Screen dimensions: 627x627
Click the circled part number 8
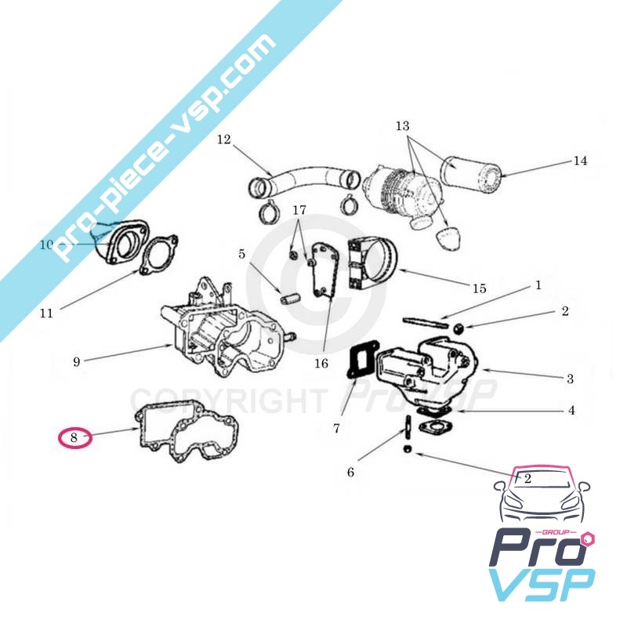click(74, 437)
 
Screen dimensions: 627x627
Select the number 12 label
click(224, 140)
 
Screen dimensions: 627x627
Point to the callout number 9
click(76, 362)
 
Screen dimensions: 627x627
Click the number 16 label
click(321, 364)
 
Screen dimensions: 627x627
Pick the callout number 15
click(479, 288)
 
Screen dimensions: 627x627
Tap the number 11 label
click(46, 313)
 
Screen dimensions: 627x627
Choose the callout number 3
click(571, 379)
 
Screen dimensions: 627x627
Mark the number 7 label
click(336, 429)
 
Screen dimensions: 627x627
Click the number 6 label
click(350, 473)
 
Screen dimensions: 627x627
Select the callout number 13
click(403, 126)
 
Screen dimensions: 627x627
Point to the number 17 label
click(299, 210)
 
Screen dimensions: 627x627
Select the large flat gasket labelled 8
click(189, 433)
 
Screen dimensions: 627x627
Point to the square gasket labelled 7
click(363, 360)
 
